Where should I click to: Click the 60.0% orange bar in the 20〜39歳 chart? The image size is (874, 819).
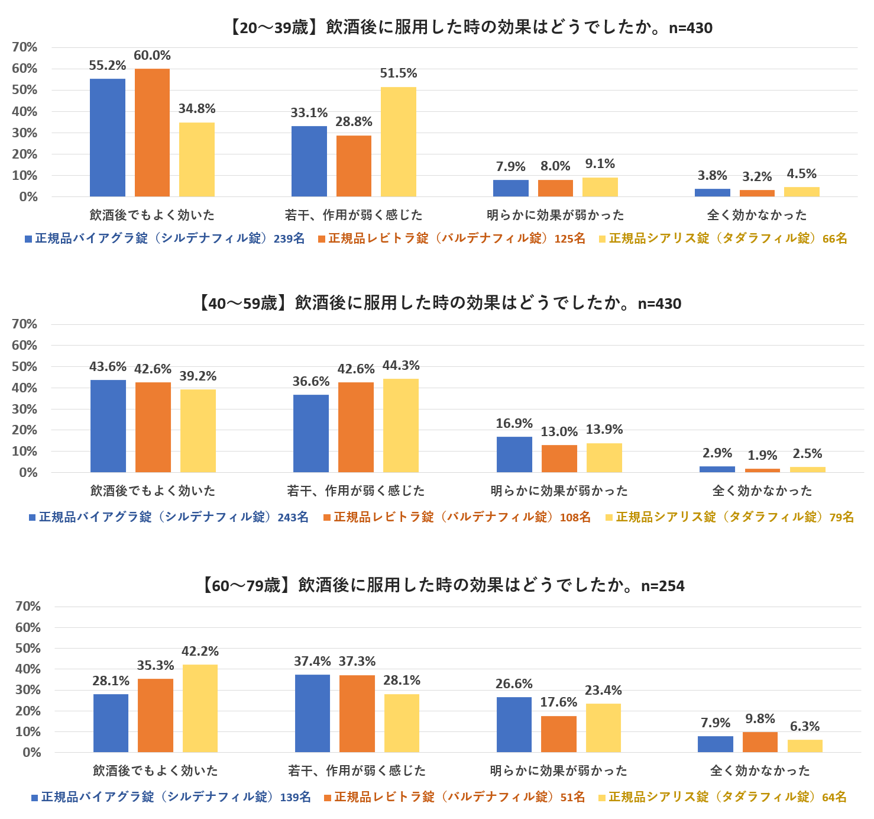point(152,133)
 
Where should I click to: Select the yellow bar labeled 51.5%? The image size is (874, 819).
point(398,142)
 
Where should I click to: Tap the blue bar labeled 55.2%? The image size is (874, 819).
point(108,137)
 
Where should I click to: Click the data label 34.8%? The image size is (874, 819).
point(197,109)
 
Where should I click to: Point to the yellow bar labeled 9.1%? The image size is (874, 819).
point(600,187)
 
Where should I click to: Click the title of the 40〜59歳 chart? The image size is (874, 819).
point(439,304)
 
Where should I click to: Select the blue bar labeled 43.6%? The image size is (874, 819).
point(108,426)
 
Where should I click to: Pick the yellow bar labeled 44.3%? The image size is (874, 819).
point(400,425)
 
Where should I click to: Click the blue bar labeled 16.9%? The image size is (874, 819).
point(514,454)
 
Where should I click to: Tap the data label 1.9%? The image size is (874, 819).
point(762,456)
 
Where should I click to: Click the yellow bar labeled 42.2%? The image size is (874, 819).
point(200,708)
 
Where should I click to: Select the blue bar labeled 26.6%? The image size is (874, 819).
point(514,725)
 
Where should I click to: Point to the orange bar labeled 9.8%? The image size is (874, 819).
point(760,742)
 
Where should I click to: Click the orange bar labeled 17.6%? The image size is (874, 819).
point(558,734)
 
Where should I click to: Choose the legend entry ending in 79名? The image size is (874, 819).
point(730,517)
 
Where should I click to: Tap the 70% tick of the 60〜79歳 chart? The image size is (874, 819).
point(28,607)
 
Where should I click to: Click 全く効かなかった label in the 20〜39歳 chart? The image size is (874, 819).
point(757,215)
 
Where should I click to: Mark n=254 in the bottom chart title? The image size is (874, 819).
point(663,586)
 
